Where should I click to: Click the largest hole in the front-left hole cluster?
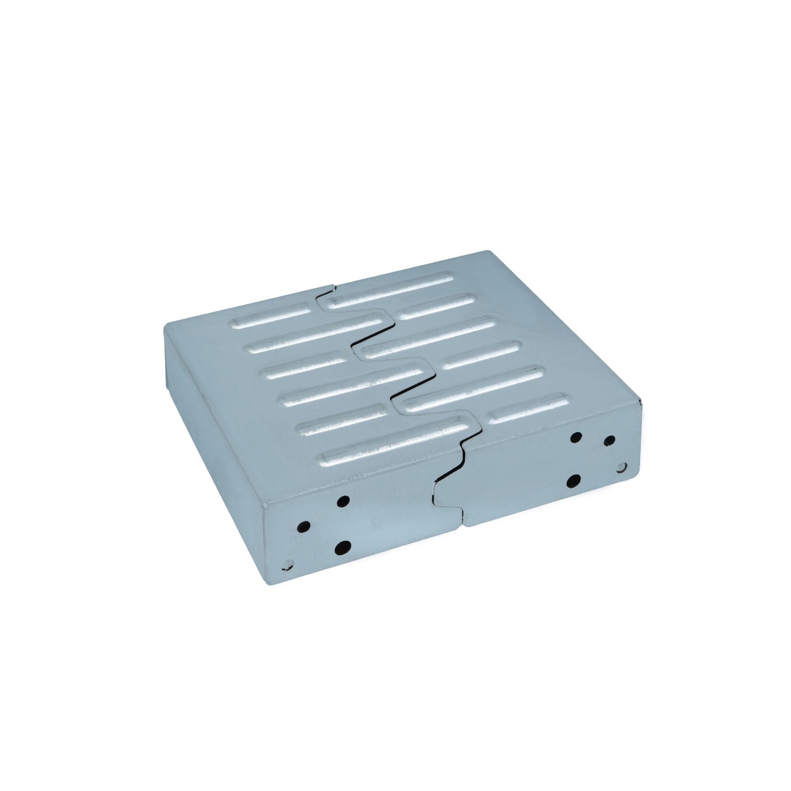click(x=343, y=547)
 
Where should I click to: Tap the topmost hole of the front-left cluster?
click(x=343, y=501)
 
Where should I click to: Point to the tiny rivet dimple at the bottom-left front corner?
click(x=287, y=564)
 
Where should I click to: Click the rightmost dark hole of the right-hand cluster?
click(x=610, y=440)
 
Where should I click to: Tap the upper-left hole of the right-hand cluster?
click(x=576, y=437)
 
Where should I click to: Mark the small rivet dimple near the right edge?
click(x=622, y=465)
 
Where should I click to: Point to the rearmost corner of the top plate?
click(x=488, y=252)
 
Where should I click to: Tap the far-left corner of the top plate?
click(x=165, y=324)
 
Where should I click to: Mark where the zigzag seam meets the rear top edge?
click(x=332, y=286)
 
